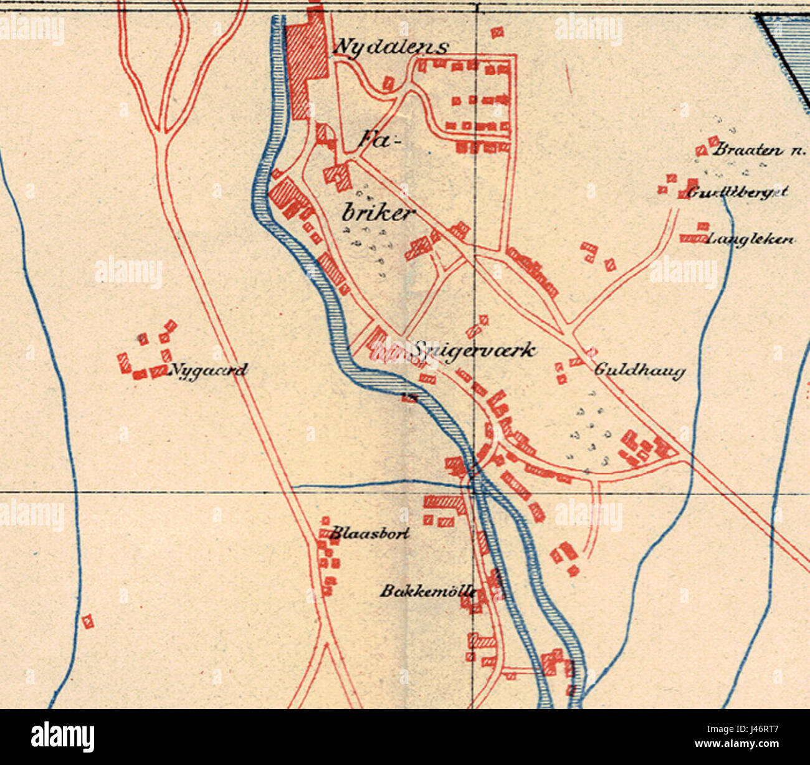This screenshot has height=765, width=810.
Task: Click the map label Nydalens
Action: tap(391, 47)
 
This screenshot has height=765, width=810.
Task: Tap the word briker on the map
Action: tap(378, 214)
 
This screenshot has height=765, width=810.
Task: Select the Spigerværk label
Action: tap(472, 350)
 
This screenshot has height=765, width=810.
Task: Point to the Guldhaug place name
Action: tap(639, 370)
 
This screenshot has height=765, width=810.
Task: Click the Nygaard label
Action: tap(208, 371)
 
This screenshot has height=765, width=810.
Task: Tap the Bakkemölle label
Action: tap(429, 591)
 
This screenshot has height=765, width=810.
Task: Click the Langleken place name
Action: tap(751, 239)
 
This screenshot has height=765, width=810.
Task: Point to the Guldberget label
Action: tap(738, 192)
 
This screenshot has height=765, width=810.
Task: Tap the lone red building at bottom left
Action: tap(88, 621)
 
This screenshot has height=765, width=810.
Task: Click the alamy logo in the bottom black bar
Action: tap(63, 736)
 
